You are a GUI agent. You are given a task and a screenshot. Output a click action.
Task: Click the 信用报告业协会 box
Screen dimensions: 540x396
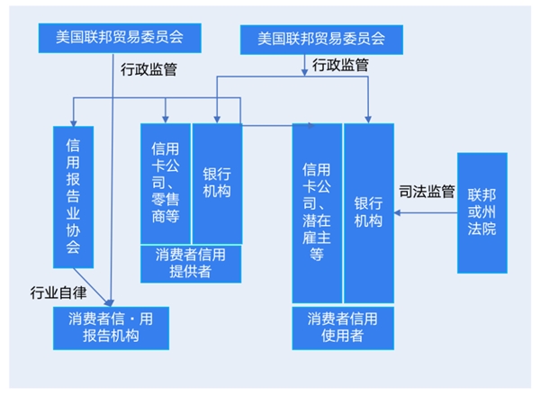[x=74, y=197]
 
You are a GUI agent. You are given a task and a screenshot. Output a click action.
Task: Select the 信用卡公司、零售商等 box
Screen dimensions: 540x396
[x=166, y=184]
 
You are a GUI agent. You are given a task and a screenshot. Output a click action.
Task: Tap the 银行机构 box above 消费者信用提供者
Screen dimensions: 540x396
[x=217, y=184]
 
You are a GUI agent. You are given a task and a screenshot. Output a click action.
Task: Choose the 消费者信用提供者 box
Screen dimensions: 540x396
[x=191, y=264]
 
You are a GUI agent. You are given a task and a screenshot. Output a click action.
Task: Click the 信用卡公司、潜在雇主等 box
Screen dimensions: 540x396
[x=317, y=213]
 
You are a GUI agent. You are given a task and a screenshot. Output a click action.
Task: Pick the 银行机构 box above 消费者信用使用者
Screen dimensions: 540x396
[x=369, y=213]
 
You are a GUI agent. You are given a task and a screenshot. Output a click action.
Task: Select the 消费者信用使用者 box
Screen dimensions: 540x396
[x=343, y=328]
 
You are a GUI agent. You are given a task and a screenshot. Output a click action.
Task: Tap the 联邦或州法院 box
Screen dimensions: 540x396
[x=482, y=212]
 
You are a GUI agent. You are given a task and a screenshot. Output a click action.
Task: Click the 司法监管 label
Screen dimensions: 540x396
[x=427, y=192]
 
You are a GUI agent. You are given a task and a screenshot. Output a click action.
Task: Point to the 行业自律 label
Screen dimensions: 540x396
[x=58, y=292]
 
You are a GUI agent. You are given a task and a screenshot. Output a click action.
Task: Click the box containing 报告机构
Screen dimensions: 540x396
[x=111, y=328]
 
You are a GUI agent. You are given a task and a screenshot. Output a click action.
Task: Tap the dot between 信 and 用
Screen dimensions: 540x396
[x=132, y=319]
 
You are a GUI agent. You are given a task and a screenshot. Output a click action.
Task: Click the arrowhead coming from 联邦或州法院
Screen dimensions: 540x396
[x=397, y=212]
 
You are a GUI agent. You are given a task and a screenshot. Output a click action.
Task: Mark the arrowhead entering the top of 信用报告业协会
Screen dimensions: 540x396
[x=74, y=123]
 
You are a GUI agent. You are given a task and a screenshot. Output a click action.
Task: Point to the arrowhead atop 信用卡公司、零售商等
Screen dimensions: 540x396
[x=166, y=120]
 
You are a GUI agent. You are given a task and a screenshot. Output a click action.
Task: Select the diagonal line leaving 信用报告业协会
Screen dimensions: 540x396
[x=91, y=285]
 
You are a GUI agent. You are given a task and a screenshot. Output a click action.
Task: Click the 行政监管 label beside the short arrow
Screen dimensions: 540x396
[x=340, y=65]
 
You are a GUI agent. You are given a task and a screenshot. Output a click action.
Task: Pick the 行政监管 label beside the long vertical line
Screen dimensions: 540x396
[x=148, y=69]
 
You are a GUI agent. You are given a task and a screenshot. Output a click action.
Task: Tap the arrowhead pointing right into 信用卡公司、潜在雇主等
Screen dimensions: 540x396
[x=311, y=126]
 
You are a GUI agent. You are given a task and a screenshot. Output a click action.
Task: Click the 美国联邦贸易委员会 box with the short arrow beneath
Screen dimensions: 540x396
[x=321, y=40]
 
